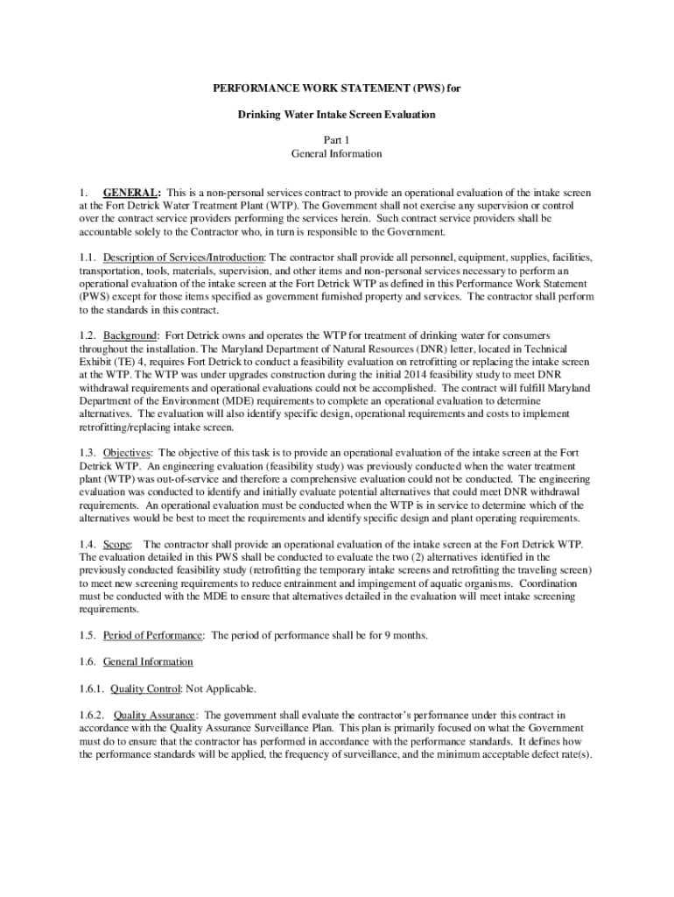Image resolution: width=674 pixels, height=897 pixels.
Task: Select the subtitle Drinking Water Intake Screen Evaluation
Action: tap(337, 115)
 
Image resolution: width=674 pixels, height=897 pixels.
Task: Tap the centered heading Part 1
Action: tap(337, 140)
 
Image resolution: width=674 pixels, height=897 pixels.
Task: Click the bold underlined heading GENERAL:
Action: tap(131, 192)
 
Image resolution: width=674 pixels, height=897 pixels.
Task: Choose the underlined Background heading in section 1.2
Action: tap(130, 335)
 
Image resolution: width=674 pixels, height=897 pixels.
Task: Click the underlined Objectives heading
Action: tap(128, 452)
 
